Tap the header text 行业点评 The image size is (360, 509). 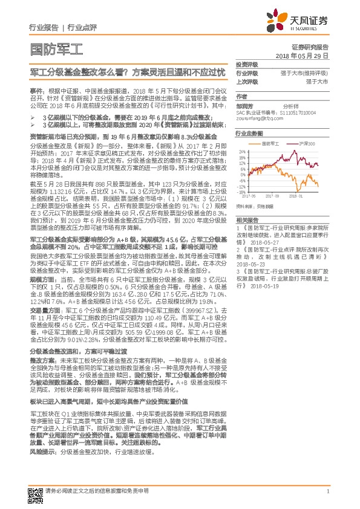pos(82,28)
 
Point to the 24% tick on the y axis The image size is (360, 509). pos(241,151)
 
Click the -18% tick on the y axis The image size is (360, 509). pos(241,192)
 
